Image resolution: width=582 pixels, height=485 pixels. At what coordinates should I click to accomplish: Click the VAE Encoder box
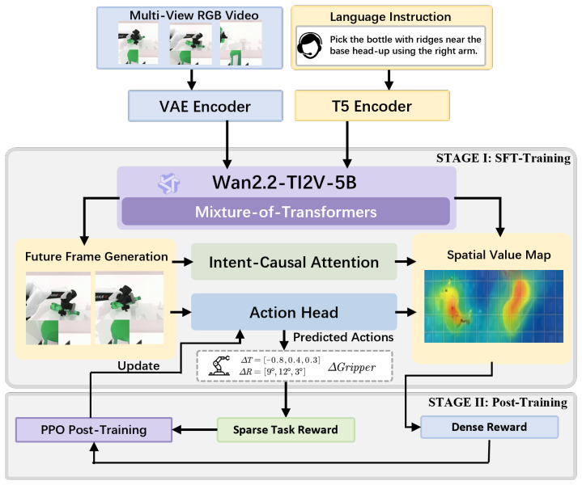click(206, 106)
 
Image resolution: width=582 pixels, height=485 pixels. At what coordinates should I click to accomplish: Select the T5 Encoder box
click(372, 106)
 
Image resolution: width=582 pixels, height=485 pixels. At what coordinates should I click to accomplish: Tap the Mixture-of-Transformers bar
click(286, 212)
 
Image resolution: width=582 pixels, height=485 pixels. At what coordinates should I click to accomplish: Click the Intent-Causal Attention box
click(294, 262)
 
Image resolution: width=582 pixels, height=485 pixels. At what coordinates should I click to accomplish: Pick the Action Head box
click(294, 312)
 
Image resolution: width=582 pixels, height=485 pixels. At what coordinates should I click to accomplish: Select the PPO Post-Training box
click(94, 430)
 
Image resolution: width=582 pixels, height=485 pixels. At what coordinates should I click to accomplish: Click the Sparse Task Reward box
click(286, 430)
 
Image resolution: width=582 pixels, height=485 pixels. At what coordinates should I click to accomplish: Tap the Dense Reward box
click(489, 427)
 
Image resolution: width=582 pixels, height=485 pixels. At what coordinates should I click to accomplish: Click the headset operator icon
click(309, 45)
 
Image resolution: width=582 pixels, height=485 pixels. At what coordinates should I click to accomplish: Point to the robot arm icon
click(219, 365)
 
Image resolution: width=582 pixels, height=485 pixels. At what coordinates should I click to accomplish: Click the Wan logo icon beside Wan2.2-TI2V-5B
click(169, 183)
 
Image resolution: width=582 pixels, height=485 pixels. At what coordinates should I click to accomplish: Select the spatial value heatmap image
click(494, 306)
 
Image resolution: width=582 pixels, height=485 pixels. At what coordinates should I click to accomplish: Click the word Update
click(138, 365)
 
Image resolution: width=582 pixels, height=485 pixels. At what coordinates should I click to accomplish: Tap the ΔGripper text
click(351, 367)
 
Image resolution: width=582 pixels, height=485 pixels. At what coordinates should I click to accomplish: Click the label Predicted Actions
click(343, 337)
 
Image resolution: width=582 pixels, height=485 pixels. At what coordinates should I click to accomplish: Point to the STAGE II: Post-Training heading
click(498, 403)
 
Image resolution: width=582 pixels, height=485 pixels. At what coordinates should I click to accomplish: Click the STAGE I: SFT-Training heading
click(503, 158)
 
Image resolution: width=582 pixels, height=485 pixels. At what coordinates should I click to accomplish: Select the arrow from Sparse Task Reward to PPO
click(195, 430)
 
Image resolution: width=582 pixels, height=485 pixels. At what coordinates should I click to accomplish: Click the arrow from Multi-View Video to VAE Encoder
click(191, 80)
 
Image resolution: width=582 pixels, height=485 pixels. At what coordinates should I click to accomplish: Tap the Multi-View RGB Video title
click(193, 15)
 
